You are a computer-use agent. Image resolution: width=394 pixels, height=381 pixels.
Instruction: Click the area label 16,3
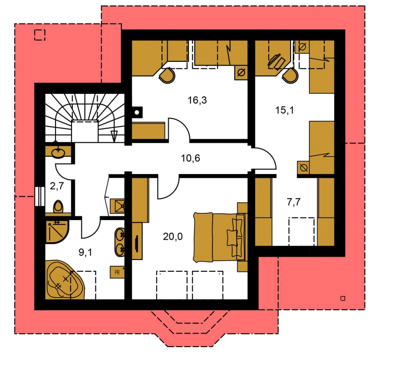[197, 100]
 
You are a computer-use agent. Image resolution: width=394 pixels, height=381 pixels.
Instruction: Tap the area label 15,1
[284, 110]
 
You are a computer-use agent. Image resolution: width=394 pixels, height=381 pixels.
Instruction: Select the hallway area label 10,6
[191, 158]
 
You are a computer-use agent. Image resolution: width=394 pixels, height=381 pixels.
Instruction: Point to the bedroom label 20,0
[172, 236]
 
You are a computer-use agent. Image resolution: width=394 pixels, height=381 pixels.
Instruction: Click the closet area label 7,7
[294, 202]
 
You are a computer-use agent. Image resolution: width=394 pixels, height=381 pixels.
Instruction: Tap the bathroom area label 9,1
[86, 252]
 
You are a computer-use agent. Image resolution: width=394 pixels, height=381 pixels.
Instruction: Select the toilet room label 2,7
[57, 186]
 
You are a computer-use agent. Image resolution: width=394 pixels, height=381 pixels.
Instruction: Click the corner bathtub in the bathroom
[65, 280]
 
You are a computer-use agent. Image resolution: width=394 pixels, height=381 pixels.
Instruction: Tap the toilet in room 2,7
[58, 207]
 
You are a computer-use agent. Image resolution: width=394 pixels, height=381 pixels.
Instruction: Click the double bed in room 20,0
[219, 237]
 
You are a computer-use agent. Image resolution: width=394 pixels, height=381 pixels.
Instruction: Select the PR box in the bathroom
[117, 272]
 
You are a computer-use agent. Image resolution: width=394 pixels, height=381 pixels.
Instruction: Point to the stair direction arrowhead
[114, 136]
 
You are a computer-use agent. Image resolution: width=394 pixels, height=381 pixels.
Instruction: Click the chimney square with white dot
[137, 112]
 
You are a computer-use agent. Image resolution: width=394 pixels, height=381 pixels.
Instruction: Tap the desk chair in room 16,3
[167, 75]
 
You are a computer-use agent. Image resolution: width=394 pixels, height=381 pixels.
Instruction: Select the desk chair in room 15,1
[290, 75]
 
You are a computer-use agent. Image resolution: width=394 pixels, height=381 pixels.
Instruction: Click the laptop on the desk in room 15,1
[276, 61]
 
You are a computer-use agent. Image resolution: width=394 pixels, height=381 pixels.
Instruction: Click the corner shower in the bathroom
[57, 232]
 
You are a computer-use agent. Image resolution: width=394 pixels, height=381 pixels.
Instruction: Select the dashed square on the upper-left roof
[40, 35]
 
